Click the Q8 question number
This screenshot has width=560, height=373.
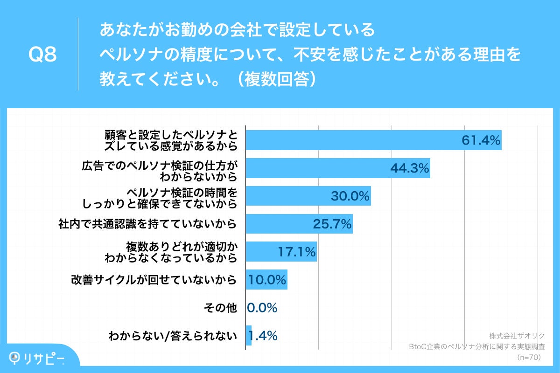tap(42, 55)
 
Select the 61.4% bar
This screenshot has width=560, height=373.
tap(373, 140)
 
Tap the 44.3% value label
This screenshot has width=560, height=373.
tap(409, 168)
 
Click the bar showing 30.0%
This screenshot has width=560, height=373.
tap(308, 196)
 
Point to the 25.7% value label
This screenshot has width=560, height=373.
tap(332, 224)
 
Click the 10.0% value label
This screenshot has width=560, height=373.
tap(267, 280)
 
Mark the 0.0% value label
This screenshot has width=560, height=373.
tap(262, 308)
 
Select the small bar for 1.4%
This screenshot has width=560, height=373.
tap(249, 336)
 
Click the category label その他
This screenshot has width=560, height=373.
tap(221, 308)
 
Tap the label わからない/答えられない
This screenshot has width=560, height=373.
tap(172, 336)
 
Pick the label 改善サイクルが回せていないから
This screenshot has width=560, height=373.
tap(154, 280)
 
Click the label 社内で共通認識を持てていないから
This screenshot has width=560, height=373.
tap(147, 224)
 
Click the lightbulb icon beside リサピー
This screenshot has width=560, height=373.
tap(16, 357)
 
